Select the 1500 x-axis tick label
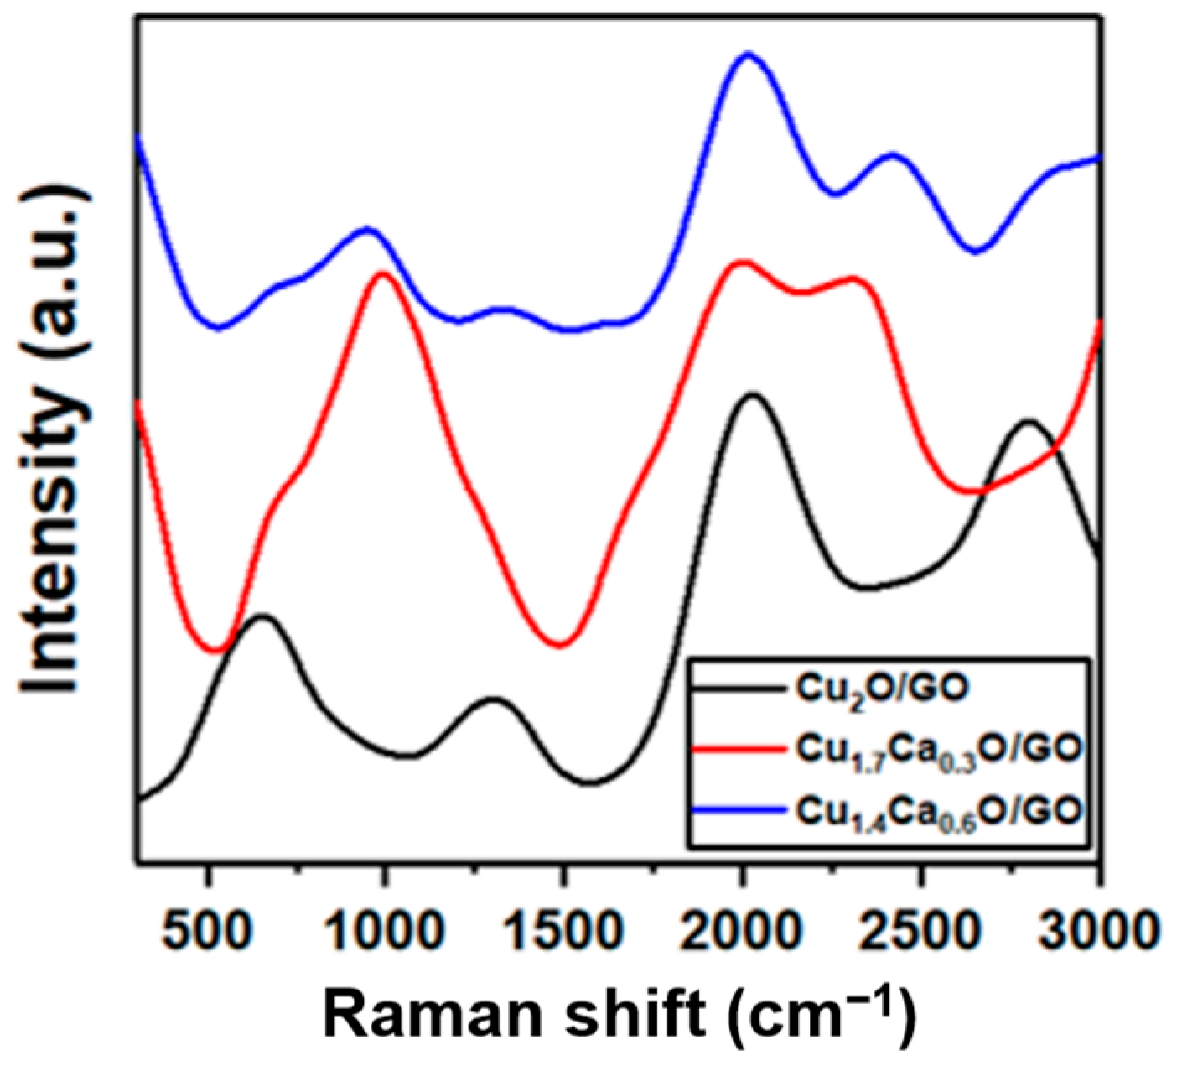coord(564,928)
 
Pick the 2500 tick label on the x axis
coord(921,928)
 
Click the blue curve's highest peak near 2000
coord(748,54)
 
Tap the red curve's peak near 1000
coord(382,273)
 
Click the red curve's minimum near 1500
coord(561,645)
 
